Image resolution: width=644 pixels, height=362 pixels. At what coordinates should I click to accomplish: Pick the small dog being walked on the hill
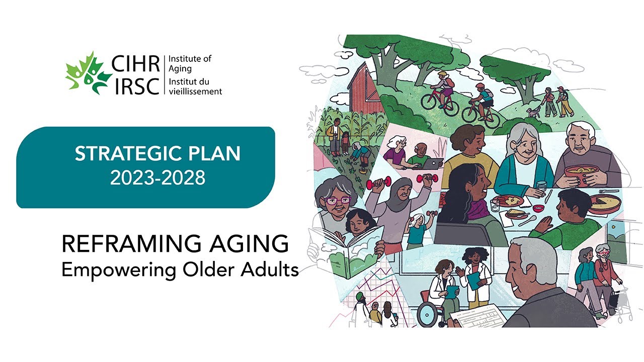click(532, 112)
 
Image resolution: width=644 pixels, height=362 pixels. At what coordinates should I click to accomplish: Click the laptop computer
click(432, 163)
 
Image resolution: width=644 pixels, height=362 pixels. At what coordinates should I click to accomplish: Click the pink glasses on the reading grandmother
click(338, 201)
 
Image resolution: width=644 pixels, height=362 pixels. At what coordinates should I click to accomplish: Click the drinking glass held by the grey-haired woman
click(541, 187)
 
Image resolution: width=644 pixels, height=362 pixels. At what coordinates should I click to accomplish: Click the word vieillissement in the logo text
click(195, 91)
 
